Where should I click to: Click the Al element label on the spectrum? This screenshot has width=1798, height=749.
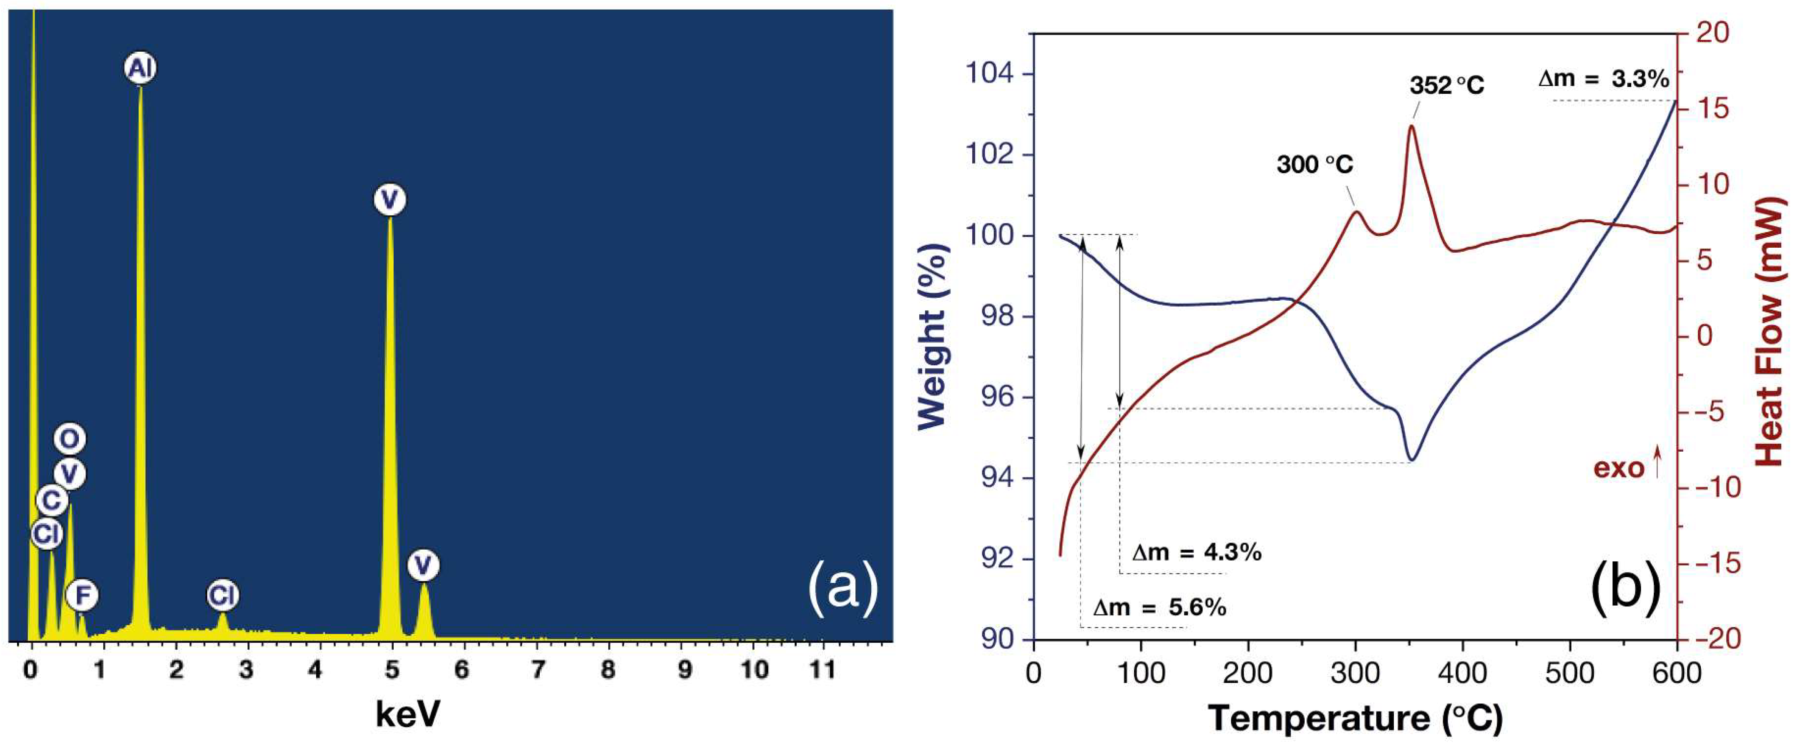click(140, 68)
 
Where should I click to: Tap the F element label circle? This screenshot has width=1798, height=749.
click(82, 596)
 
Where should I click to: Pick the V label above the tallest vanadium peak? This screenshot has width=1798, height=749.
click(390, 200)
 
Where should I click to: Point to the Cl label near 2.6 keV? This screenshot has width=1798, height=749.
click(223, 596)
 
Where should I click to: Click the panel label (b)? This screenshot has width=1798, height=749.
click(1625, 588)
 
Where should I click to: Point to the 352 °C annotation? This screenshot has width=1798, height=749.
click(1447, 85)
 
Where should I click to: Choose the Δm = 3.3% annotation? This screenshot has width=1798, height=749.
click(1603, 79)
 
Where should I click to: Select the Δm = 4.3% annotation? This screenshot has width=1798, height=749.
click(1196, 552)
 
